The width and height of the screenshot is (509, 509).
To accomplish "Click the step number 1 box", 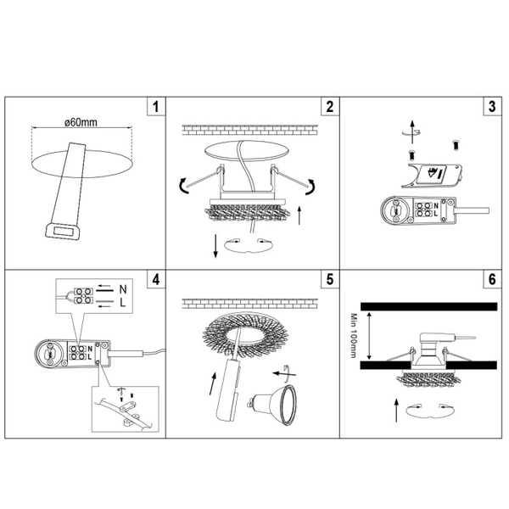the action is point(156,106).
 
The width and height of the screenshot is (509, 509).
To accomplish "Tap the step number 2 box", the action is point(330,106).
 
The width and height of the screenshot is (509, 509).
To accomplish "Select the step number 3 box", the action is point(492,106).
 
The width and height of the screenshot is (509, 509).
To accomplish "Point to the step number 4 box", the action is point(156,279).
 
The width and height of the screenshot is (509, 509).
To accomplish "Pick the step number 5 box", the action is point(330,279).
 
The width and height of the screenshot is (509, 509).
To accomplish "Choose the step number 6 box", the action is point(492,279).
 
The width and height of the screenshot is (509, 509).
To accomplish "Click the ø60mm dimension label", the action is point(81,122).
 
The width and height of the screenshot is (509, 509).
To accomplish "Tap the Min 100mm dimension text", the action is point(354,336).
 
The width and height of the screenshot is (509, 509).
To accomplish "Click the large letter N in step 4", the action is point(123,289).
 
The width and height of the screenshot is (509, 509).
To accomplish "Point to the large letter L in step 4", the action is point(122,303).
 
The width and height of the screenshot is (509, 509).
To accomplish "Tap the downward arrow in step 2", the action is point(215,246).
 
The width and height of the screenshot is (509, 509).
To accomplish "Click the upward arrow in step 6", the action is point(396,411).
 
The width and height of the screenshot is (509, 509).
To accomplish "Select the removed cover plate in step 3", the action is point(432,176).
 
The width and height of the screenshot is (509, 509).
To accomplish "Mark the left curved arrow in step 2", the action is point(184,186).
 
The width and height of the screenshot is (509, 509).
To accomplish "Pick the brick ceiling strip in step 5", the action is point(250,304).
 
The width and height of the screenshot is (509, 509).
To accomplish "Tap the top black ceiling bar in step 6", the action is point(428,306).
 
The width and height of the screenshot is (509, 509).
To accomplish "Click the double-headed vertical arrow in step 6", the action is point(369,335).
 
